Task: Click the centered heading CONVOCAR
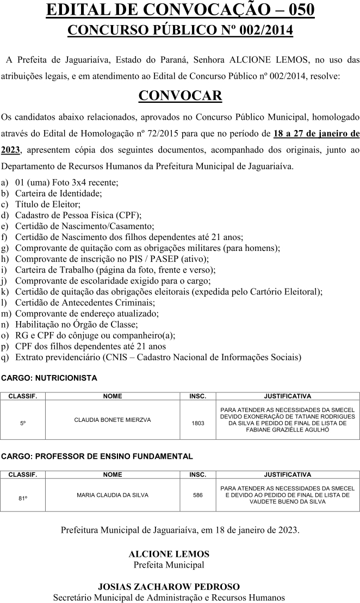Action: [x=180, y=96]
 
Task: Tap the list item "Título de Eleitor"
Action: [x=48, y=205]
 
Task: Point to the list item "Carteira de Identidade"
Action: [x=59, y=193]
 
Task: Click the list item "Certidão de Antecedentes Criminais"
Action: [x=85, y=303]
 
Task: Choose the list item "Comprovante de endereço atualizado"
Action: [x=87, y=313]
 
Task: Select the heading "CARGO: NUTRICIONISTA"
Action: [x=49, y=377]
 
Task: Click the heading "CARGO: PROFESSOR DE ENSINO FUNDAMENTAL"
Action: [x=97, y=456]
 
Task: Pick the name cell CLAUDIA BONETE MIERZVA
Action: [x=113, y=420]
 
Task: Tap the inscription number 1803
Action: [x=198, y=423]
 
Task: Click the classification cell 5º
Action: [x=23, y=423]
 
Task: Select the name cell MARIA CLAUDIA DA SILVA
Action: [x=113, y=495]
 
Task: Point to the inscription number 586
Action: [x=198, y=495]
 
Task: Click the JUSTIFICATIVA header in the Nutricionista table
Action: [x=287, y=396]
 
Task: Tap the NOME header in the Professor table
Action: [x=113, y=475]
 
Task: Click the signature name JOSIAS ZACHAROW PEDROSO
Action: [x=169, y=587]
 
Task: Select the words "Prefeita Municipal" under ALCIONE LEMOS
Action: [x=169, y=565]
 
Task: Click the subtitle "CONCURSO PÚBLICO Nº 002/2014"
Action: [x=180, y=30]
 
